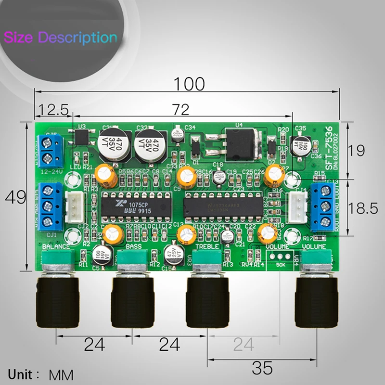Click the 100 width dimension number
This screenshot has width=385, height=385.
point(189,84)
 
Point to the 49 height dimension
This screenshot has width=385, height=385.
point(15,197)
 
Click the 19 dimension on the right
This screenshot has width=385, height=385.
point(357,151)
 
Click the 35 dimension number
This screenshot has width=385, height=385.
point(262,368)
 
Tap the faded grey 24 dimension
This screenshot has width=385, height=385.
point(243,344)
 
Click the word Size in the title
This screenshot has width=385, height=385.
point(19,38)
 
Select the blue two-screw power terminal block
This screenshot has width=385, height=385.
point(51,149)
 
